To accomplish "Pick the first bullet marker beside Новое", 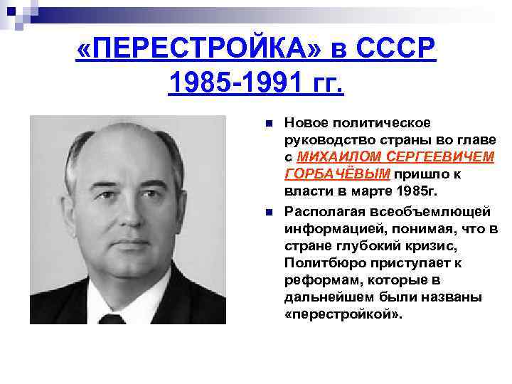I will (x=268, y=124).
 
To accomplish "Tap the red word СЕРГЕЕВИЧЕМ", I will (x=440, y=156).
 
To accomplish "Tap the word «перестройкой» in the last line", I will (x=343, y=314).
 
